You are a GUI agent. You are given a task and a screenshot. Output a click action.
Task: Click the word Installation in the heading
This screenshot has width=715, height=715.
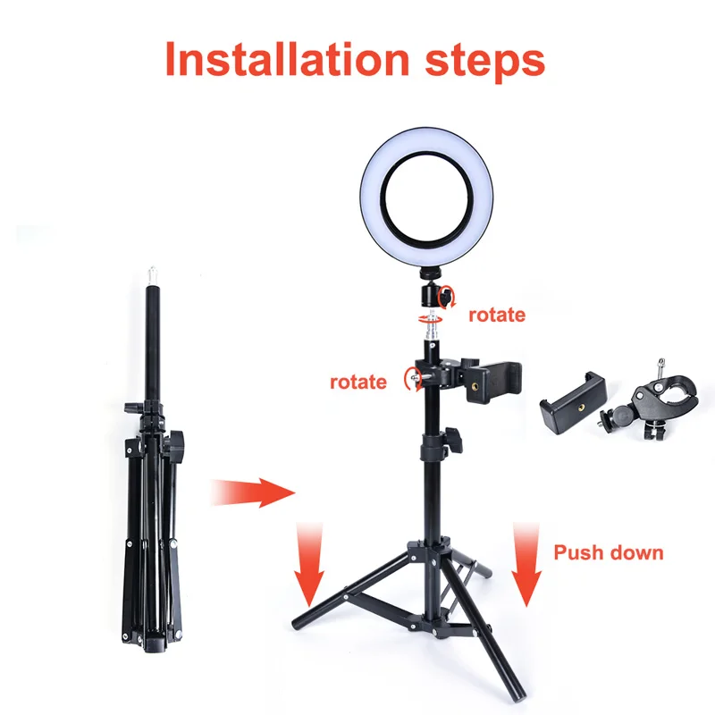click(287, 59)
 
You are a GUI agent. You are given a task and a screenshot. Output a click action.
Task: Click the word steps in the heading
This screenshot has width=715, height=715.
click(484, 63)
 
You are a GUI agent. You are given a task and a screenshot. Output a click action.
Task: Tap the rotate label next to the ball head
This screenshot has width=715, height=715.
click(497, 315)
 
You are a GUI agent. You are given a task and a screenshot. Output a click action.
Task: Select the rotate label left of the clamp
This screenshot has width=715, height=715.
click(358, 383)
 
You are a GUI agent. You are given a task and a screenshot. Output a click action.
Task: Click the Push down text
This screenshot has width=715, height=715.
click(609, 552)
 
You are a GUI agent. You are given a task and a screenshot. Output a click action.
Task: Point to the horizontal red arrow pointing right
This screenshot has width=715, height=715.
click(253, 492)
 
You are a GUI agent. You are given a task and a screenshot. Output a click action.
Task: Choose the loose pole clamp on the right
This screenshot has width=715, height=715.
click(647, 401)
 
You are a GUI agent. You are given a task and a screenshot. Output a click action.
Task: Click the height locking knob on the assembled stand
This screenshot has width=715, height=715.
click(454, 439)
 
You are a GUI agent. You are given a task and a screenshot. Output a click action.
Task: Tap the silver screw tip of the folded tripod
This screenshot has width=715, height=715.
click(152, 275)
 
